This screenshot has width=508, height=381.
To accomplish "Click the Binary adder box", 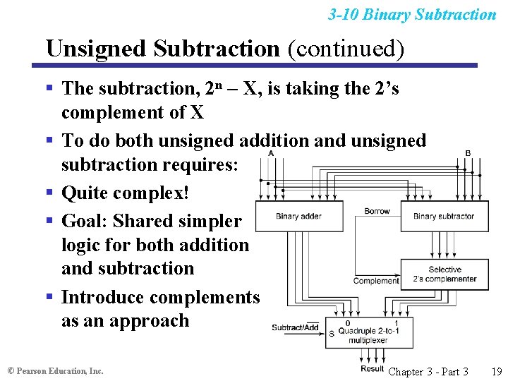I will [298, 216].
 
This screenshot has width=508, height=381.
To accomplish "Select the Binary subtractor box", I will [443, 216].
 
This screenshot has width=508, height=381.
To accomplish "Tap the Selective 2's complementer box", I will [445, 274].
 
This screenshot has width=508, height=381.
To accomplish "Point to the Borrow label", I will [377, 211].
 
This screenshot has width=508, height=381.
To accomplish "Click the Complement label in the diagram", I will [375, 281].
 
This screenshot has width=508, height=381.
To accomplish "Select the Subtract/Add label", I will [295, 327].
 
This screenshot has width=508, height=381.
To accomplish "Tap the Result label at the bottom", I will [372, 368].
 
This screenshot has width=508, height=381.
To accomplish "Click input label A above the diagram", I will [272, 153].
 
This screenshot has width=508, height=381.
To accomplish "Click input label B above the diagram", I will [468, 153].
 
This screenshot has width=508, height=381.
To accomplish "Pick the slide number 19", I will [496, 371].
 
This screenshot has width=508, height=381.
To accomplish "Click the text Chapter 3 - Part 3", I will [428, 371].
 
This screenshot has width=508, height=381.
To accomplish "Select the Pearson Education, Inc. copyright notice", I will [55, 370].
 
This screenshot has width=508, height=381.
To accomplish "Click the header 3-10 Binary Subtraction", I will [412, 14].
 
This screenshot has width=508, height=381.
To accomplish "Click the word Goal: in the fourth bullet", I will [85, 221].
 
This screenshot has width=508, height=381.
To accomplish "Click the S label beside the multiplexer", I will [332, 333].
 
